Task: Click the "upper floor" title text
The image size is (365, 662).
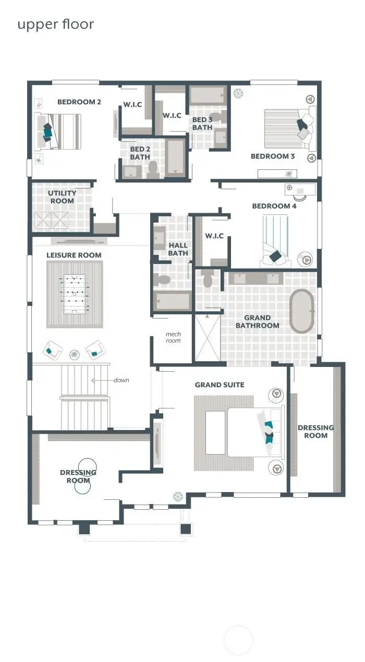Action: tap(56, 24)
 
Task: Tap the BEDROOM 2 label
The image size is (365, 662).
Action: tap(79, 102)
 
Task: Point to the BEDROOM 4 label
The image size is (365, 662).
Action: tap(274, 206)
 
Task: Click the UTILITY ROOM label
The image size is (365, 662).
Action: tap(62, 197)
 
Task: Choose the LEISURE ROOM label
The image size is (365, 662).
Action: tap(74, 255)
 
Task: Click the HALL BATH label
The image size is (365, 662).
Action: tap(178, 249)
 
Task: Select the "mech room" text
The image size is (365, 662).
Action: tap(173, 337)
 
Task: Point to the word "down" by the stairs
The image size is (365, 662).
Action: tap(121, 380)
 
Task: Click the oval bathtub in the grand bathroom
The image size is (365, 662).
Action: tap(302, 311)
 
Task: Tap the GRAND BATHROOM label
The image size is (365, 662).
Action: tap(257, 321)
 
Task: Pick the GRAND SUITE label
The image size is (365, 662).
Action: tap(220, 385)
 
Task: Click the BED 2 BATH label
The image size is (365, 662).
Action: tap(140, 153)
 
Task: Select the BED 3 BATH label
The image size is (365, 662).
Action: tap(202, 124)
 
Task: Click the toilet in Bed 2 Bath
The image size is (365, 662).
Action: tap(153, 168)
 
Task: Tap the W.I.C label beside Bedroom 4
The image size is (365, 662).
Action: tap(214, 236)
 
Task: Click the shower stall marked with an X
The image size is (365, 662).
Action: tap(208, 337)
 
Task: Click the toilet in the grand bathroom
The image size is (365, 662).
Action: tap(208, 279)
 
